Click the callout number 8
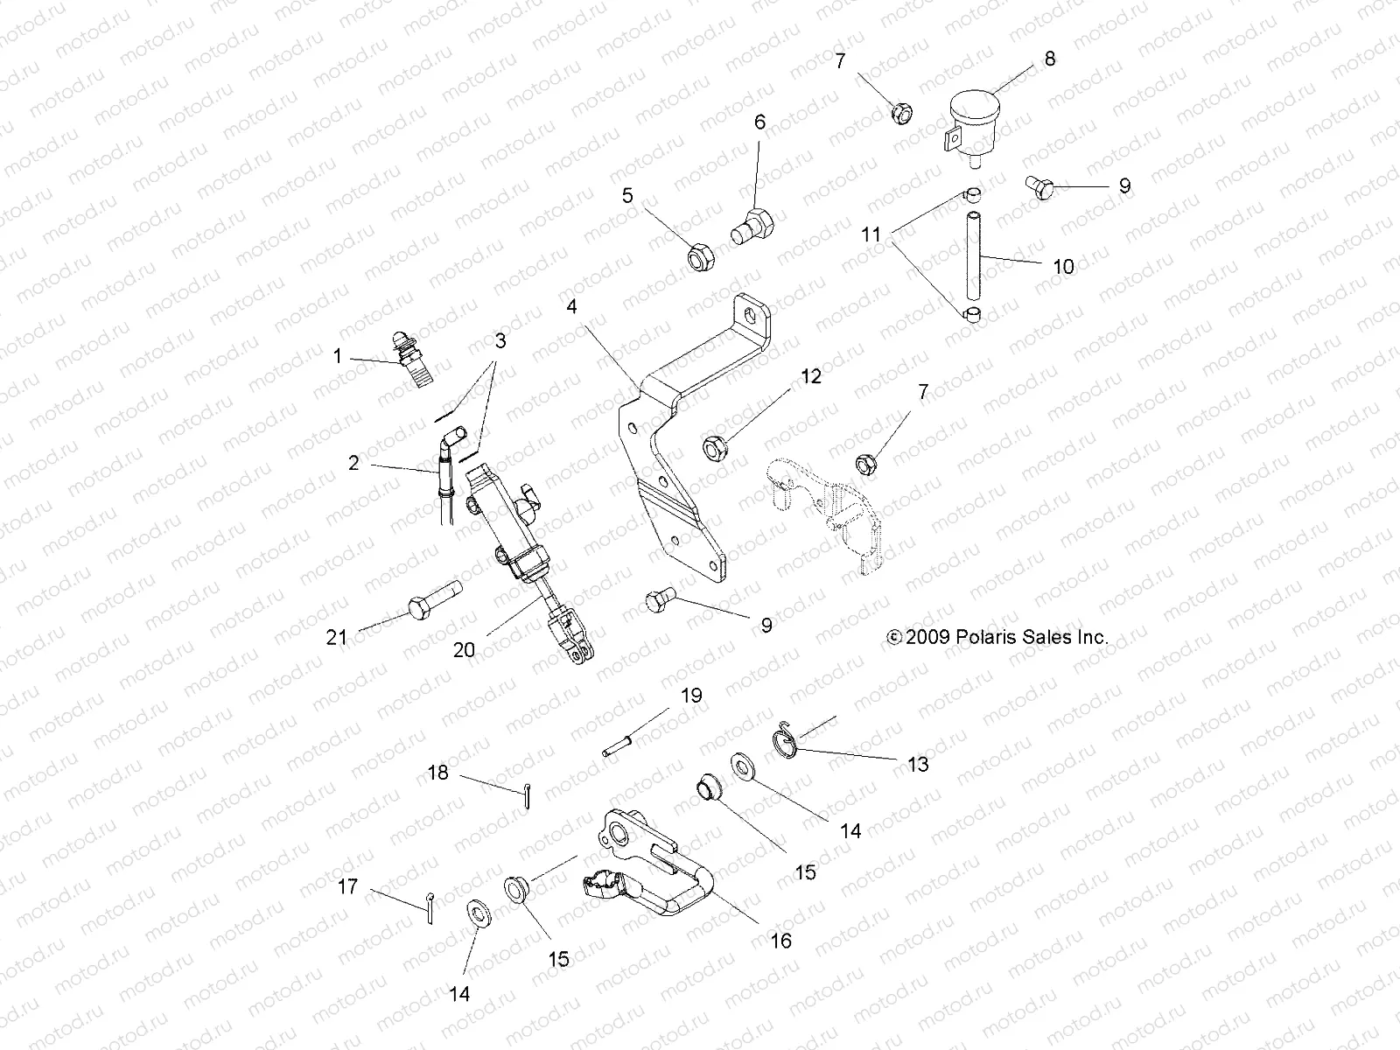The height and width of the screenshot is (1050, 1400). (1050, 59)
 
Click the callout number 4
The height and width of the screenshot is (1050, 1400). (571, 307)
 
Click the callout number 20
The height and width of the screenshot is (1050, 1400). (465, 649)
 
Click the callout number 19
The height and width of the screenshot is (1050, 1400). (691, 696)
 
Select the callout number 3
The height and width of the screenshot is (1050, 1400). (500, 340)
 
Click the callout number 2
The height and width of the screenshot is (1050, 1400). (353, 463)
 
